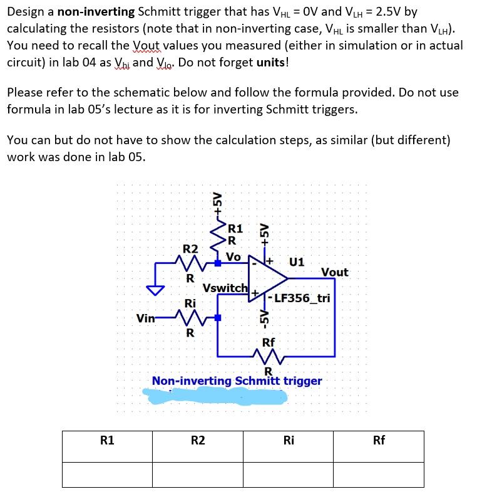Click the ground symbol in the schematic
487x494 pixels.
155,290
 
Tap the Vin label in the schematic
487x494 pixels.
146,318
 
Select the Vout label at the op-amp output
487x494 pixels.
334,272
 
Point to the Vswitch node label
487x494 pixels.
225,288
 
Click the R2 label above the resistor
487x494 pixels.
190,249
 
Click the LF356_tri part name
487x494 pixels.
302,298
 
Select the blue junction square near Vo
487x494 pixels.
217,263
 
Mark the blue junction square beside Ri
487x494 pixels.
217,318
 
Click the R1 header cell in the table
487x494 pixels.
107,440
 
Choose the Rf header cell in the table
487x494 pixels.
379,440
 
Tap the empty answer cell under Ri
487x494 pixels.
288,474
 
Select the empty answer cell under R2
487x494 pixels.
197,474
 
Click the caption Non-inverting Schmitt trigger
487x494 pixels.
237,381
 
